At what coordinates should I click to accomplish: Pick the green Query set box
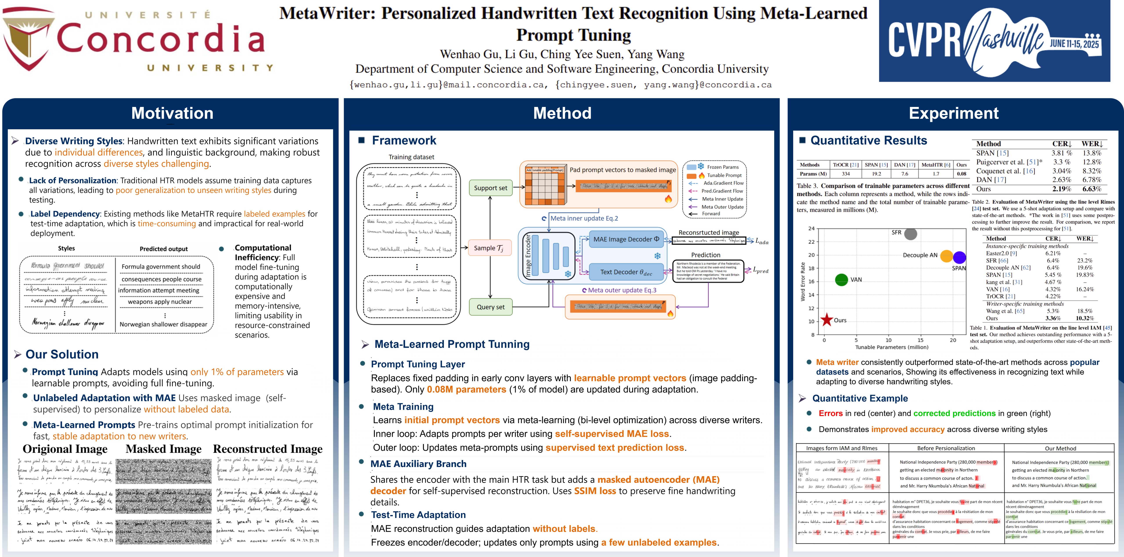[490, 307]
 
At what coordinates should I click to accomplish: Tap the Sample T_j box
[489, 248]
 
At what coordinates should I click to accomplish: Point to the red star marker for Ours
[826, 320]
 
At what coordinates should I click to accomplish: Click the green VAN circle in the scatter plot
[841, 280]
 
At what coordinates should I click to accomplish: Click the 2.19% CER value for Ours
[1062, 189]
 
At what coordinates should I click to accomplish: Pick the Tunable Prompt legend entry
[724, 175]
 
